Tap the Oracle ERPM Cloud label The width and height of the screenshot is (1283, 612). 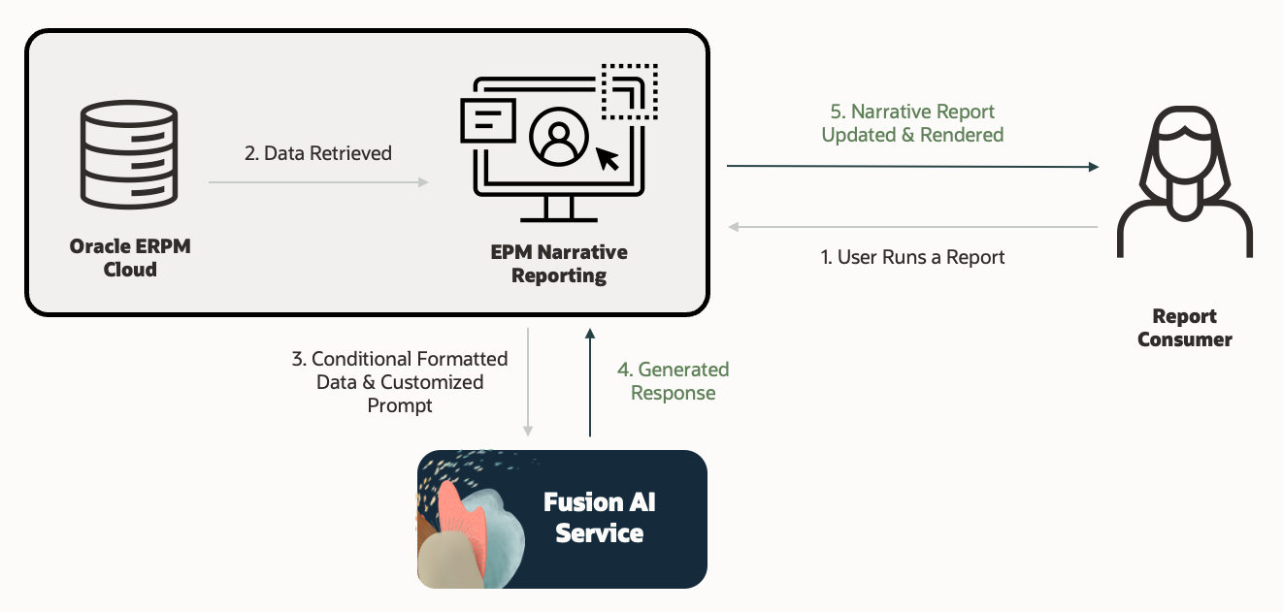tap(130, 258)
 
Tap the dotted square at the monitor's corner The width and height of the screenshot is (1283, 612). tap(629, 92)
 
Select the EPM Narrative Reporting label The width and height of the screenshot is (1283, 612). tap(559, 264)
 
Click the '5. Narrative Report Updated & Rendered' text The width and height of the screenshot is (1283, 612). tap(912, 124)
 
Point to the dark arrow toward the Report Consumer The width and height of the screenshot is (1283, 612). tap(912, 167)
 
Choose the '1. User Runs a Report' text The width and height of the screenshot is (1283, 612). tap(912, 258)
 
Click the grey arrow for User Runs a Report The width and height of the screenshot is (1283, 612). tap(912, 227)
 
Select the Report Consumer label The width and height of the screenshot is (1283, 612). tap(1184, 328)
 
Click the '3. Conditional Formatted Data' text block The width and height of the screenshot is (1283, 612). tap(400, 382)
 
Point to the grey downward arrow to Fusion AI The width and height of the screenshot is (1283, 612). tap(528, 382)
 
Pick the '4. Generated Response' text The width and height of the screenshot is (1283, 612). tap(674, 381)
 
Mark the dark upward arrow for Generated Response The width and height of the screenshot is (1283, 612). tap(589, 382)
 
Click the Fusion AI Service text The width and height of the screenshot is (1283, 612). tap(599, 517)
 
